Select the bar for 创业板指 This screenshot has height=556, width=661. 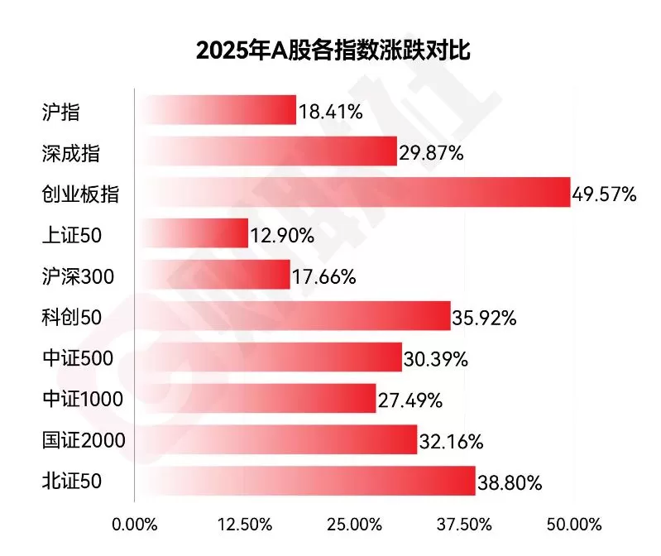pos(353,193)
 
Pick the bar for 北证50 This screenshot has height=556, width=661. pos(305,481)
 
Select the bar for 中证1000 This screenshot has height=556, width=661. pos(256,399)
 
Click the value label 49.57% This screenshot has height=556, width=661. pos(604,195)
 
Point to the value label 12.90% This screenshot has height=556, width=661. pos(282,237)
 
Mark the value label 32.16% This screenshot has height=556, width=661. pos(451,442)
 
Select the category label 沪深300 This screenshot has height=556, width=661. pos(78,276)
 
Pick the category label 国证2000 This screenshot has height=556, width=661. pos(83,440)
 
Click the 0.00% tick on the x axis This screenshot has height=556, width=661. pos(134,525)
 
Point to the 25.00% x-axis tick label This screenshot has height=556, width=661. pos(353,525)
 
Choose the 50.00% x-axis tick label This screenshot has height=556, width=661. pos(573,525)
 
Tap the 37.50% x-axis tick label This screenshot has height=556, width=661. pos(463,525)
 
